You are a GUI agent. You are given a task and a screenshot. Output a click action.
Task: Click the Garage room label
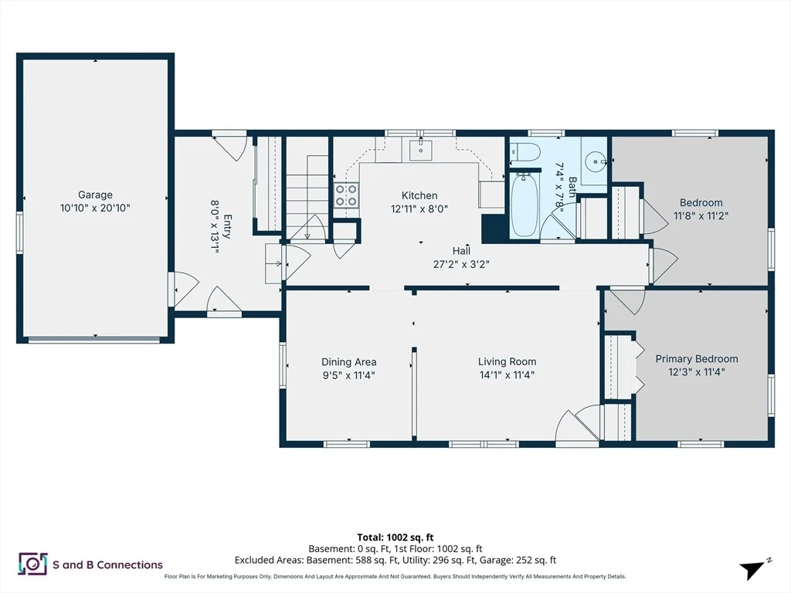(x=95, y=195)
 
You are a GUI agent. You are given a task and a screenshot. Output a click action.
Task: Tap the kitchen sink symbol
(x=420, y=149)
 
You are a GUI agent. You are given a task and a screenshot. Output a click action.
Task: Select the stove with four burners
(x=347, y=195)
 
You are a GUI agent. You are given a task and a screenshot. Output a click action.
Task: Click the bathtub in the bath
(x=525, y=205)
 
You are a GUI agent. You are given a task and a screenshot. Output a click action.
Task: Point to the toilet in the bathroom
(x=525, y=151)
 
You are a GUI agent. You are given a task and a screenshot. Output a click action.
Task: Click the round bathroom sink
(x=596, y=162)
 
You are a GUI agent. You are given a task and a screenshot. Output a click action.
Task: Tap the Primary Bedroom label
(x=697, y=358)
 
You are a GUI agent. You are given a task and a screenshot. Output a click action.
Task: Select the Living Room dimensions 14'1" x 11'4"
(x=507, y=374)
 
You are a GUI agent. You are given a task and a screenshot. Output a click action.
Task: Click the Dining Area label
(x=348, y=361)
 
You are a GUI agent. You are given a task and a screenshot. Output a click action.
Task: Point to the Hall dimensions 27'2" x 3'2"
(x=461, y=264)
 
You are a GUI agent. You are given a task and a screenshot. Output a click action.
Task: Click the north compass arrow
(x=752, y=570)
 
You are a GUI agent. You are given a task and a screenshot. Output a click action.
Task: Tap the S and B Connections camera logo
(x=32, y=564)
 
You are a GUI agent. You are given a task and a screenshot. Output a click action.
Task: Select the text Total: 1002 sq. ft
(x=395, y=537)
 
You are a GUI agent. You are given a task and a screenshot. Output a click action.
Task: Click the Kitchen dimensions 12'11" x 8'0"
(x=419, y=208)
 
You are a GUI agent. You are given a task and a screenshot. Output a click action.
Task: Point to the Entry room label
(x=227, y=227)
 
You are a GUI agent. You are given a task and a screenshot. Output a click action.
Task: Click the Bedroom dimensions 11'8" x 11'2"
(x=701, y=215)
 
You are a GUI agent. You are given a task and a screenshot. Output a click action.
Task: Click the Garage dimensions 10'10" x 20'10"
(x=95, y=208)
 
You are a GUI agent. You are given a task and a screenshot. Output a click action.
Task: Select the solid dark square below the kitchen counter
(x=494, y=229)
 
